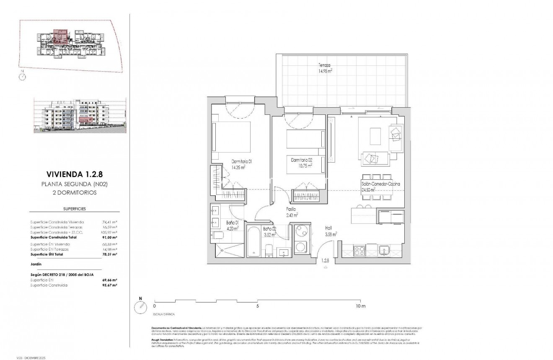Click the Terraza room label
pos(324,66)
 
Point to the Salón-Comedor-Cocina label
pos(380,184)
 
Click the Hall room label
pos(329,228)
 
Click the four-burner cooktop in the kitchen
pos(359,251)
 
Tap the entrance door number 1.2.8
pos(325,261)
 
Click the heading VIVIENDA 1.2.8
pos(69,174)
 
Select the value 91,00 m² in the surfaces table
pos(109,237)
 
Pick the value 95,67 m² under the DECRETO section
pos(109,285)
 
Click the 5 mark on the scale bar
pos(258,306)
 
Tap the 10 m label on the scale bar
pos(361,306)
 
